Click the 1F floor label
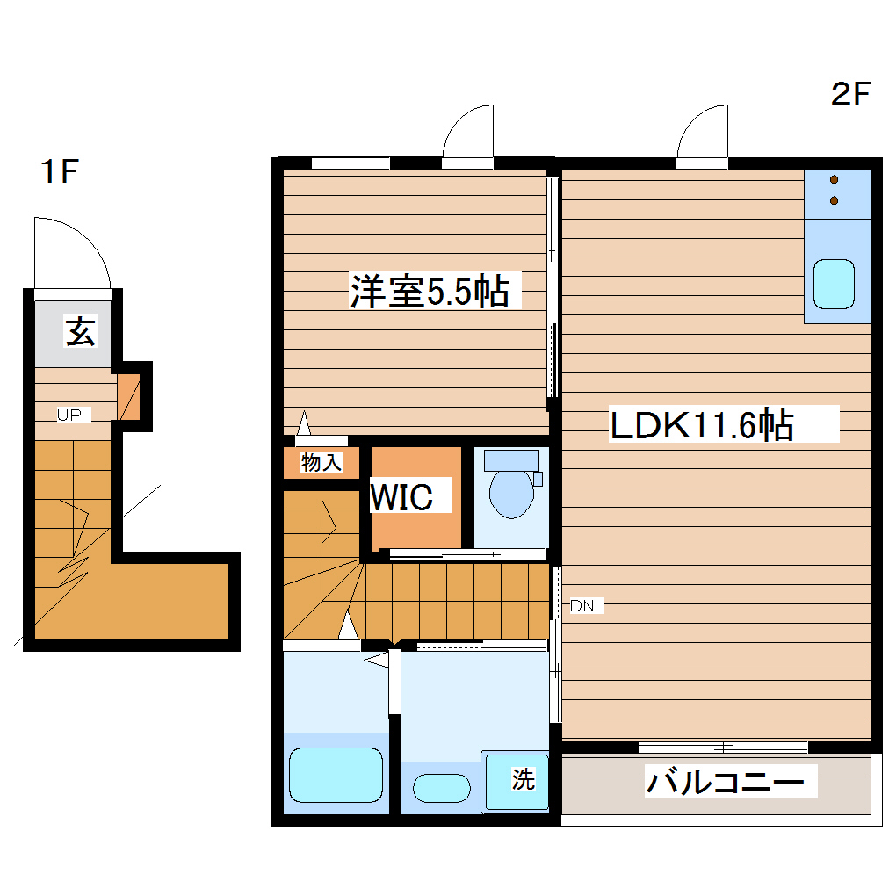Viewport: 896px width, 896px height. click(x=60, y=171)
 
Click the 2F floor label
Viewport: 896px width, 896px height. click(x=850, y=94)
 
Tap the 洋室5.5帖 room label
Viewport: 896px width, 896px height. click(x=430, y=292)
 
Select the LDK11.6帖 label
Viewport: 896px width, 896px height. click(x=702, y=424)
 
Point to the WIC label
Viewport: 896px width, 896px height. click(x=401, y=497)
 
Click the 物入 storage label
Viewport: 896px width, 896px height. click(x=322, y=462)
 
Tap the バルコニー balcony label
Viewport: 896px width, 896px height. click(x=725, y=781)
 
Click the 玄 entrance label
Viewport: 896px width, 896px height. click(x=80, y=331)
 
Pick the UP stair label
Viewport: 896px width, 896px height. click(x=69, y=415)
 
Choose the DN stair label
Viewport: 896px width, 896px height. click(x=582, y=606)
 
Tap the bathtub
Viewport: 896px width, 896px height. click(x=336, y=775)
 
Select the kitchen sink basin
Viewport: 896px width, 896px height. click(x=834, y=284)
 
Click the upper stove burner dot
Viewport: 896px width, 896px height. click(x=835, y=180)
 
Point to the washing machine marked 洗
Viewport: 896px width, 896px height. click(x=516, y=781)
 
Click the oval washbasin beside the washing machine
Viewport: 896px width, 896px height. click(x=442, y=789)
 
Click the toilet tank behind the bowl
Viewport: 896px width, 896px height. click(x=511, y=460)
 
